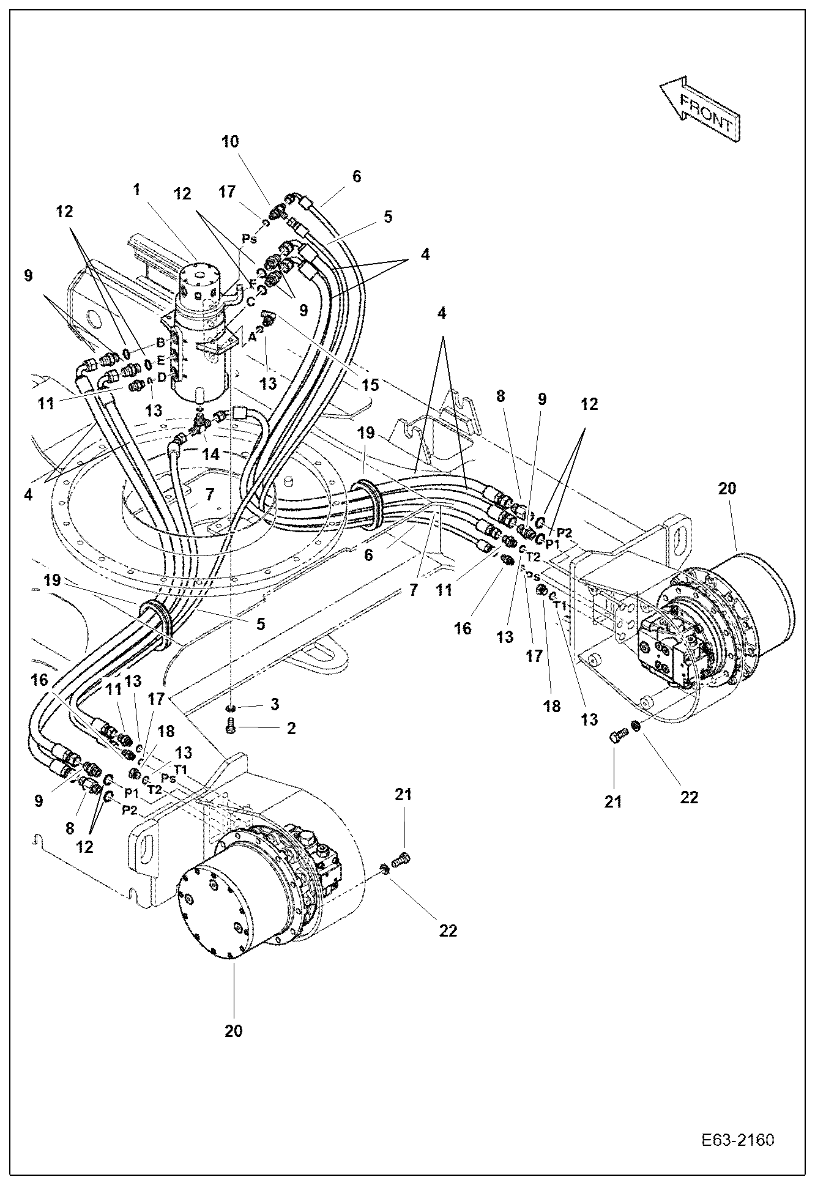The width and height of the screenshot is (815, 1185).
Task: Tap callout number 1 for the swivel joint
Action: coord(136,190)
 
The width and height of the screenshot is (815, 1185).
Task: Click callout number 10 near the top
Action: coord(230,142)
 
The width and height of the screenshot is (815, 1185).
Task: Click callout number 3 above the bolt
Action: coord(274,704)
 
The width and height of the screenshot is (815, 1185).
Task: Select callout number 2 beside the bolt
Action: coord(291,728)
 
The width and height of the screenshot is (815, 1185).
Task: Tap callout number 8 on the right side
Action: coord(501,396)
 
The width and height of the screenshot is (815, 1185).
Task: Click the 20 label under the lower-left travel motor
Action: coord(233,1030)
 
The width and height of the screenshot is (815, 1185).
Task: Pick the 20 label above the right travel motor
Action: coord(728,489)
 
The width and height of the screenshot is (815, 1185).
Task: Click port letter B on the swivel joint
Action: coord(161,341)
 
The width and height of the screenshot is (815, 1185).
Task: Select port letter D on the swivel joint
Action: coord(162,377)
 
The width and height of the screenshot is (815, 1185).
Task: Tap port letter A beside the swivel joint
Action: coord(252,336)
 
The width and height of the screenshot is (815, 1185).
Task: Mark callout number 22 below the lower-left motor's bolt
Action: coord(448,931)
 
